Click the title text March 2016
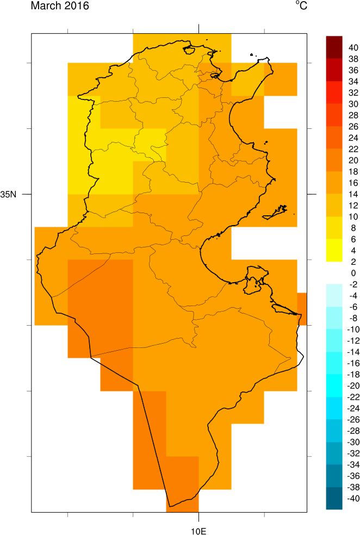click(60, 6)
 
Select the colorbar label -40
click(353, 513)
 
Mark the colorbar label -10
click(353, 329)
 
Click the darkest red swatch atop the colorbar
click(334, 42)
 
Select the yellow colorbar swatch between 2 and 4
click(334, 256)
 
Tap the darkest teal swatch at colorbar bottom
click(334, 519)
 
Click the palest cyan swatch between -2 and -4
click(334, 289)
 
